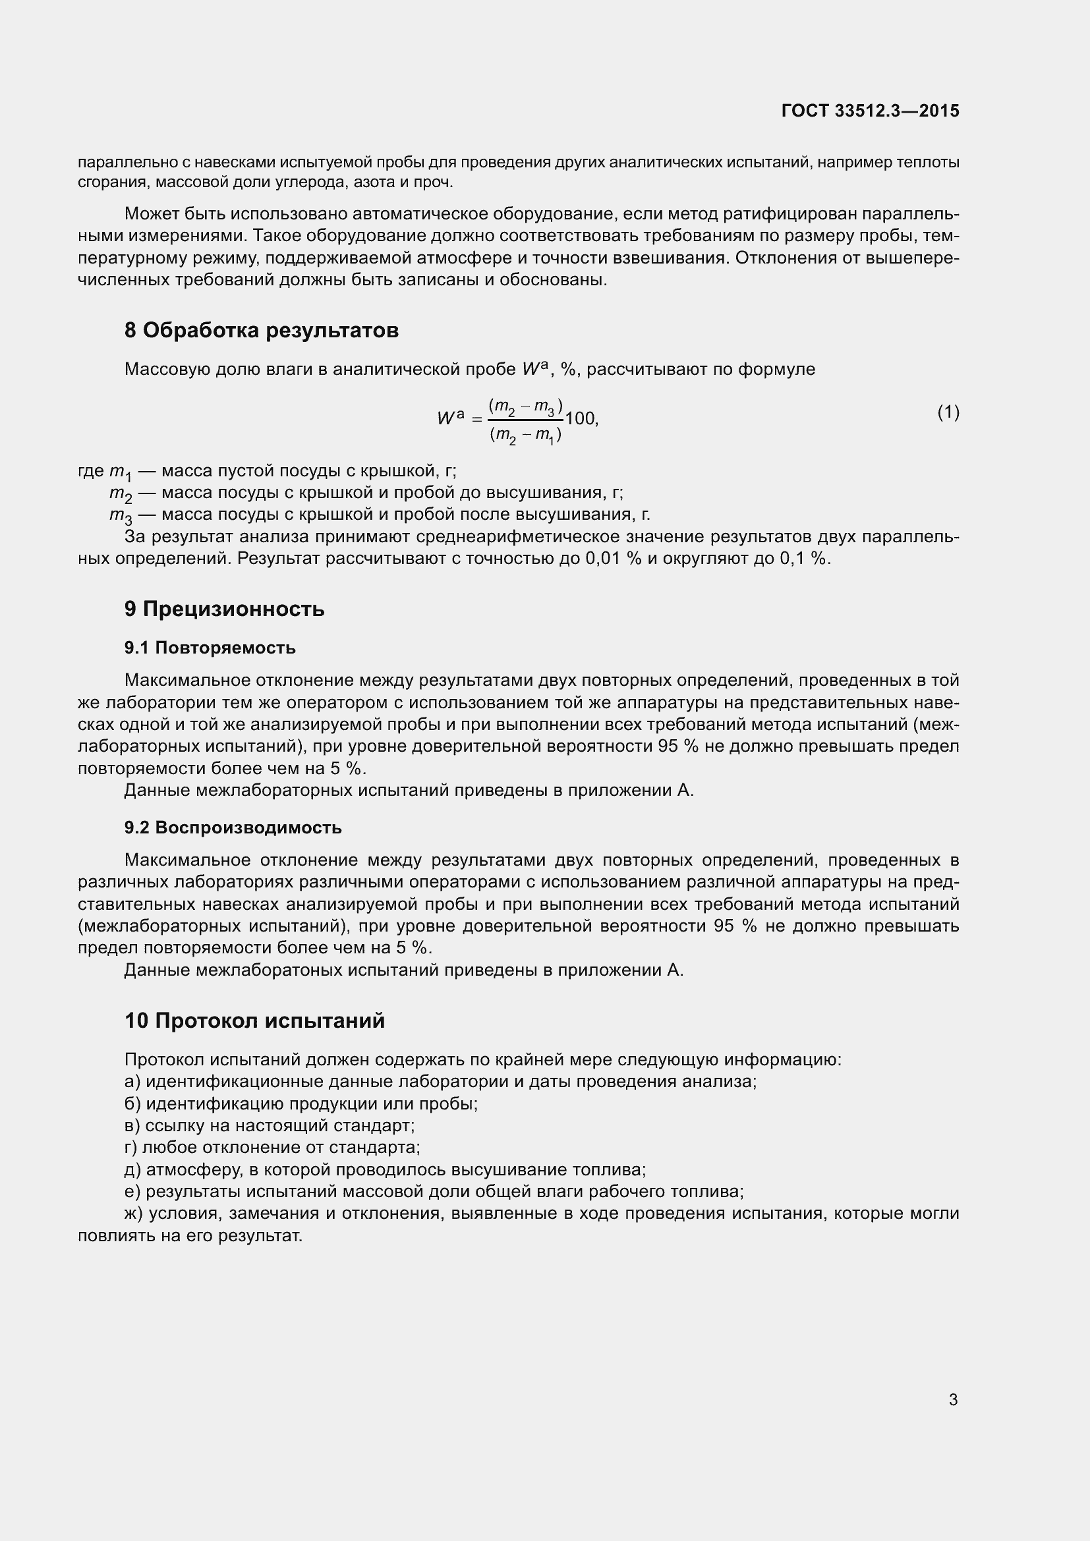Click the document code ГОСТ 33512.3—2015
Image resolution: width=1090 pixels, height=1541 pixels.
(870, 111)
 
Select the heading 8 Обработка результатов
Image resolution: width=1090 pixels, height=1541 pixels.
(261, 330)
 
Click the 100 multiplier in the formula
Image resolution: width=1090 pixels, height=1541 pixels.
(580, 419)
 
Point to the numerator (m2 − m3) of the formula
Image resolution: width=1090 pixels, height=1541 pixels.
(525, 406)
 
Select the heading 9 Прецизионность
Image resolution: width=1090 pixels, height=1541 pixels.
(224, 609)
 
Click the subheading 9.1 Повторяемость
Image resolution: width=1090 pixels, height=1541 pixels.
(210, 648)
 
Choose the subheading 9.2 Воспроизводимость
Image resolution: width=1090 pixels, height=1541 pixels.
(233, 827)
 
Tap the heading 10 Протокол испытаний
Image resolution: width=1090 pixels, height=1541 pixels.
(254, 1021)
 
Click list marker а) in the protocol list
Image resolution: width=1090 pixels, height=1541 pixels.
(132, 1081)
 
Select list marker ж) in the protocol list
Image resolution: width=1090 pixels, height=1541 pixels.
(134, 1213)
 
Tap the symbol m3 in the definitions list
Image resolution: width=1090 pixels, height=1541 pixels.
(121, 515)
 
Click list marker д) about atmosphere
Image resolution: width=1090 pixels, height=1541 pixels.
(133, 1169)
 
